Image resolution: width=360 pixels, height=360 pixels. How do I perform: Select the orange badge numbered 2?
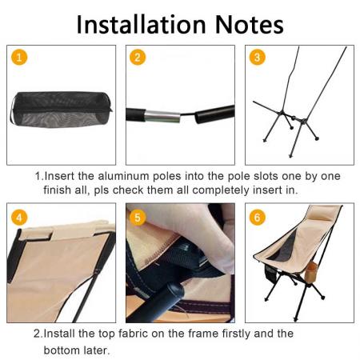coord(138,57)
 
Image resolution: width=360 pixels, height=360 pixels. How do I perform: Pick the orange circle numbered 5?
coord(138,217)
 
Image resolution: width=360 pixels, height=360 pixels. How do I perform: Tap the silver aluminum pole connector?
coord(163,114)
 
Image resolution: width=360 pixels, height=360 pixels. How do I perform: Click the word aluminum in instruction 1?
coord(122,176)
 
